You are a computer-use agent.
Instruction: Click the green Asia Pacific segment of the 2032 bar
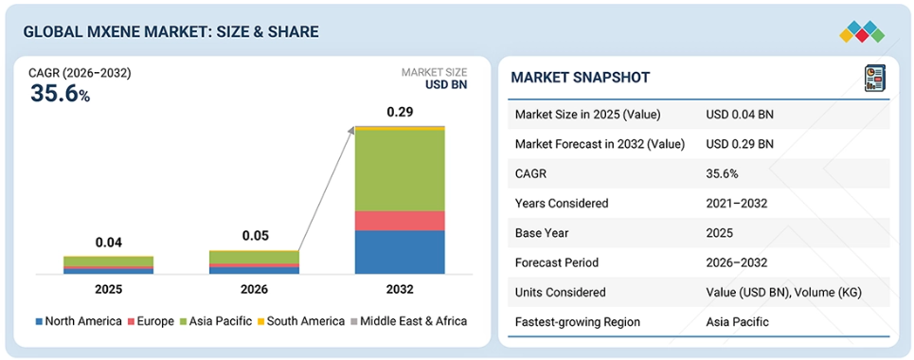[x=400, y=170]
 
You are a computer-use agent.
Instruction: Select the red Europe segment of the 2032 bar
[x=400, y=221]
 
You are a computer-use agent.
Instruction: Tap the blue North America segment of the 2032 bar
[x=400, y=252]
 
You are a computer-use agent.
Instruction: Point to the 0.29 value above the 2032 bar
[x=400, y=112]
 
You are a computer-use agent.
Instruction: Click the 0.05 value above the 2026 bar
[x=254, y=236]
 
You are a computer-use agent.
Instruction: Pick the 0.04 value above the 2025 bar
[x=108, y=242]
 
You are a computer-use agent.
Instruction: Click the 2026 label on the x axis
[x=254, y=289]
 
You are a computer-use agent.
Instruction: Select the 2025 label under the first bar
[x=108, y=289]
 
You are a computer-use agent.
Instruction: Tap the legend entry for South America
[x=301, y=321]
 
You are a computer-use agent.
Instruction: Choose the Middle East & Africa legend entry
[x=408, y=321]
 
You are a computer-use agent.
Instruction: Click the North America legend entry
[x=79, y=321]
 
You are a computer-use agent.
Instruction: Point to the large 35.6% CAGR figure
[x=60, y=94]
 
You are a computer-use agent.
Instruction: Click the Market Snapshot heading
[x=580, y=78]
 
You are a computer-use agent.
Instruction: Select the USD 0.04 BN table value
[x=740, y=115]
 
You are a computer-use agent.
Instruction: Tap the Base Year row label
[x=541, y=233]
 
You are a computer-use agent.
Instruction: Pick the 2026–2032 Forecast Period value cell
[x=736, y=262]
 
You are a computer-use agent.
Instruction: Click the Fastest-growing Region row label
[x=578, y=322]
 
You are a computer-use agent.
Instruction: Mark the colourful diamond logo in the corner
[x=862, y=31]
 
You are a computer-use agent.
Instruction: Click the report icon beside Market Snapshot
[x=874, y=79]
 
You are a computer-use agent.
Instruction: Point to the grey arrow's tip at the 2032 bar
[x=354, y=127]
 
